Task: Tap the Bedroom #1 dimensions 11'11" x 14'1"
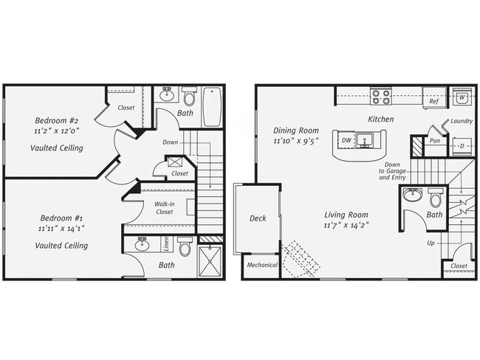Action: (62, 230)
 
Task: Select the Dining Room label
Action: (295, 130)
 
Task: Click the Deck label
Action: (258, 218)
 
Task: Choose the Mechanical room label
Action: (261, 266)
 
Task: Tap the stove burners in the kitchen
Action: (380, 97)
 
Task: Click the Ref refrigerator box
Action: (434, 101)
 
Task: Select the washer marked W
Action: (461, 97)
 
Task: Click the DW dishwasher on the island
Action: (346, 139)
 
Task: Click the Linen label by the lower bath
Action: (167, 243)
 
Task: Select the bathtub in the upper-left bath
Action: (213, 108)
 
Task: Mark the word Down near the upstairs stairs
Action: (170, 142)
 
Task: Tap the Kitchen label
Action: (381, 119)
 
